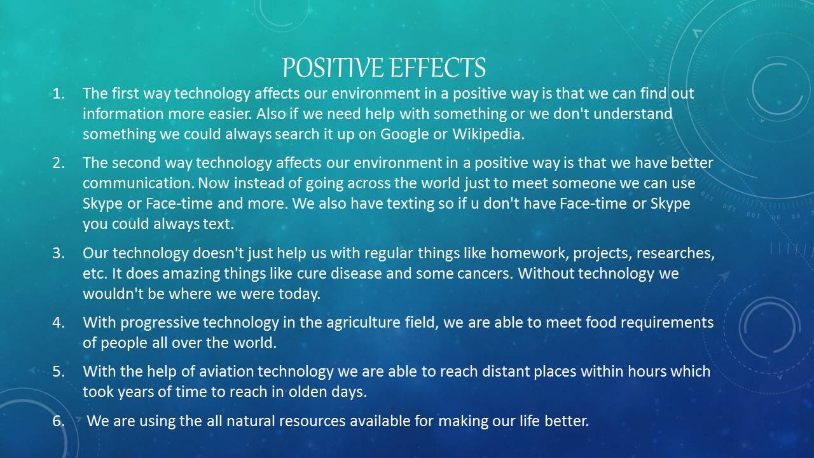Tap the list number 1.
coord(58,94)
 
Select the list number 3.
coord(58,253)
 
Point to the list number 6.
coord(58,420)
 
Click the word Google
coord(404,134)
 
